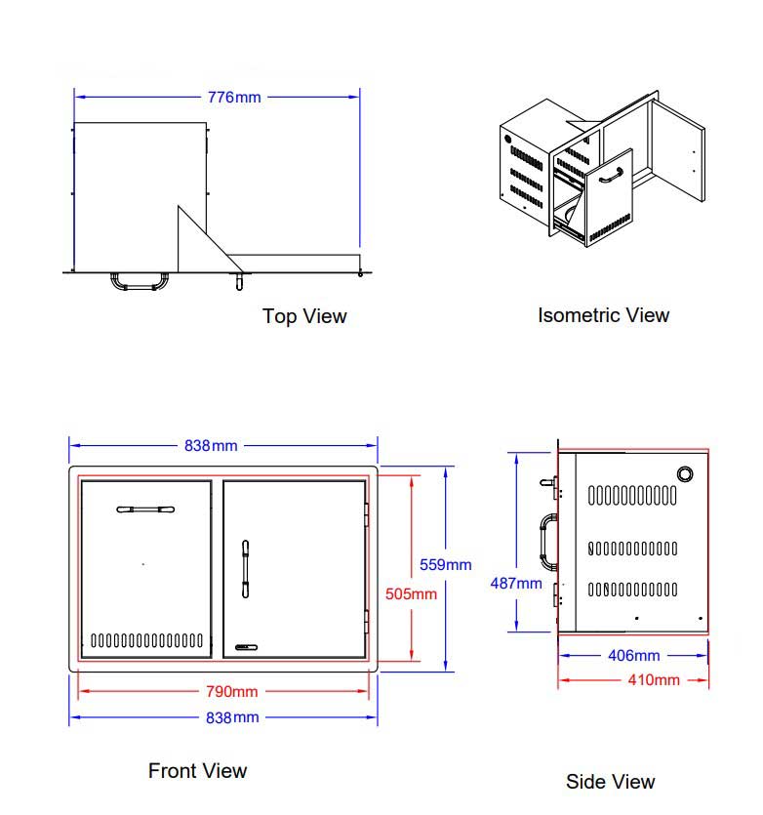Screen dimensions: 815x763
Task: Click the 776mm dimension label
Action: click(234, 98)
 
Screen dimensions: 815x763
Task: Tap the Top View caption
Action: click(304, 316)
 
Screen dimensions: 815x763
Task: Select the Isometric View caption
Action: click(603, 315)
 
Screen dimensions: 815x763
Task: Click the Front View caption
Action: click(197, 771)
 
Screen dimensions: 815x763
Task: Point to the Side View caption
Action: click(610, 782)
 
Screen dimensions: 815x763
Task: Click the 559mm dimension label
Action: click(445, 564)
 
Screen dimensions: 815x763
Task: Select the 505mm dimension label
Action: click(411, 593)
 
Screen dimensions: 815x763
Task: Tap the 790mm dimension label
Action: click(231, 692)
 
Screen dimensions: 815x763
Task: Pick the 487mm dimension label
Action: click(515, 584)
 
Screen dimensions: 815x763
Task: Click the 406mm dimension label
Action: click(633, 656)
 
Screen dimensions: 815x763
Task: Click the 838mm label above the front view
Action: click(211, 446)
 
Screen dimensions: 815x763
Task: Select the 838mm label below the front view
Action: click(231, 718)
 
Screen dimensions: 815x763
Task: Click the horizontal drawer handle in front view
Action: click(145, 509)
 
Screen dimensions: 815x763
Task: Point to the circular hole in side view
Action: click(685, 473)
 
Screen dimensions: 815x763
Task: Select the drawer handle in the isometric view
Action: click(612, 176)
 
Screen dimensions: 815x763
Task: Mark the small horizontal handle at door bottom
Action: click(247, 646)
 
